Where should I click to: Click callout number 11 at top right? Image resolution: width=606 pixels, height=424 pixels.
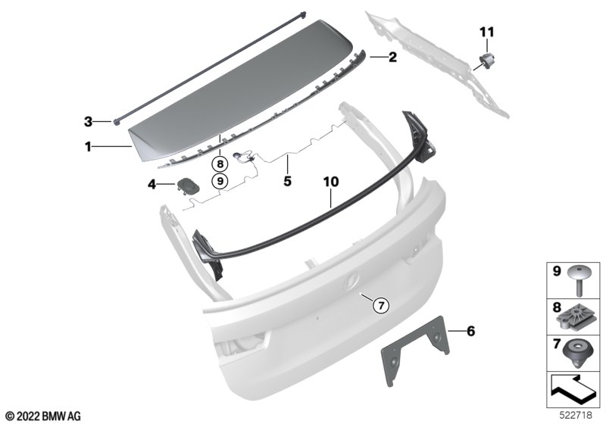(487, 32)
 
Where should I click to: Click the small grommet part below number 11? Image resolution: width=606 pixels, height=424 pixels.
(487, 60)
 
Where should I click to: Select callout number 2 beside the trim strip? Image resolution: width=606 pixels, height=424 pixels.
(392, 57)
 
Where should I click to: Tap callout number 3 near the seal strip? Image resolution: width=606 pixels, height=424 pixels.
(88, 122)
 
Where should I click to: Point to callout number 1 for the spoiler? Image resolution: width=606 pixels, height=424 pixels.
(88, 147)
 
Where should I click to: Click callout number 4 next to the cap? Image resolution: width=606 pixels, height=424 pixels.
(152, 185)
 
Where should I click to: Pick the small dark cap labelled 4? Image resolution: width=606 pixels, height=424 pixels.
(188, 185)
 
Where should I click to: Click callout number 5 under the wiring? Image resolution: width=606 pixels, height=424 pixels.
(287, 181)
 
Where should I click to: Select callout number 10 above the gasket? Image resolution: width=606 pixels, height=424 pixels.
(331, 182)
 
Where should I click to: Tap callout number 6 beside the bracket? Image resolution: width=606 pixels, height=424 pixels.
(470, 331)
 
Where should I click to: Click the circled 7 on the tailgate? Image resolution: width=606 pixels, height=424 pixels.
(381, 306)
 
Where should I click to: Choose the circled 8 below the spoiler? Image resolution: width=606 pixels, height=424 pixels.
(220, 164)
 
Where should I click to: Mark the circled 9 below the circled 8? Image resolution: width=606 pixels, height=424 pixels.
(220, 180)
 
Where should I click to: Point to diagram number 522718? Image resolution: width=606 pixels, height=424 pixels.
(576, 416)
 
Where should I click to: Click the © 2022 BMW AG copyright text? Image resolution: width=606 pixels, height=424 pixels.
(44, 416)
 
